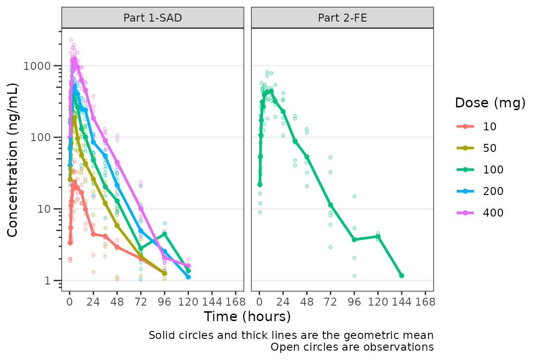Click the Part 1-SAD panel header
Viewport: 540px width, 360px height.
152,18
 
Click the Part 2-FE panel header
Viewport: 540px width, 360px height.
342,18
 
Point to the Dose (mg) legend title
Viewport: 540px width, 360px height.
490,103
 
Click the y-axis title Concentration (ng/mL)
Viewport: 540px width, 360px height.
13,160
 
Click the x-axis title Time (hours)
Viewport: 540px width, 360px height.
247,317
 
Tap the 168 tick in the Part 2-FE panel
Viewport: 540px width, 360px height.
425,301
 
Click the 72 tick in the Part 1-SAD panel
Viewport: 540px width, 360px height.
141,301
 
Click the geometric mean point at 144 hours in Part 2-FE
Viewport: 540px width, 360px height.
402,276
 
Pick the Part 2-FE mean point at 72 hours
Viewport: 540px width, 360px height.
330,205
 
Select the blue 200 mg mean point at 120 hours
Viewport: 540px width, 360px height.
188,277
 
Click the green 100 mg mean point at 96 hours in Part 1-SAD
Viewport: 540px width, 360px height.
165,234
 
